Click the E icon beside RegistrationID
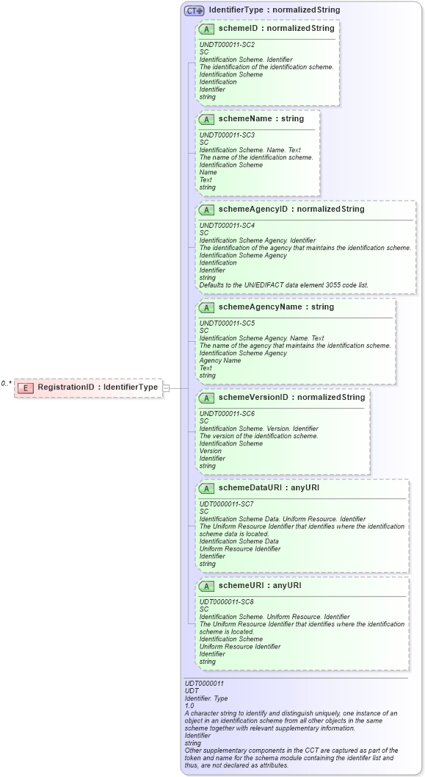coord(26,387)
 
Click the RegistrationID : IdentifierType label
coord(98,387)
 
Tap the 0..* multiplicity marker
coord(6,383)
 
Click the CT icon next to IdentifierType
coord(195,10)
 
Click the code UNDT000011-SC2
coord(227,44)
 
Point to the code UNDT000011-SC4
coord(227,224)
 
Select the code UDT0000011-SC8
coord(227,601)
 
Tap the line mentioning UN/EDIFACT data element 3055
coord(284,285)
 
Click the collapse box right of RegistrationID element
coord(166,387)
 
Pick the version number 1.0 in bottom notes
coord(189,706)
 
